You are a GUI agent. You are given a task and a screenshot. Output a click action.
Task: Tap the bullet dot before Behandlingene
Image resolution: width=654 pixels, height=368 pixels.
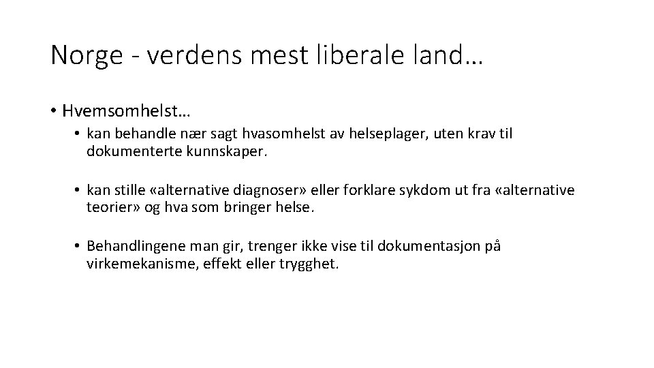point(79,247)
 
